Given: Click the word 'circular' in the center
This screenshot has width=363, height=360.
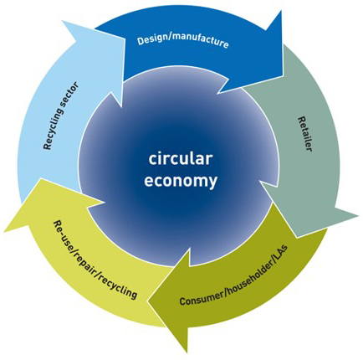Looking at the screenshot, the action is [x=181, y=158].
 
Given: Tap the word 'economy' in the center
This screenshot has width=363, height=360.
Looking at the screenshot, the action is [x=181, y=181].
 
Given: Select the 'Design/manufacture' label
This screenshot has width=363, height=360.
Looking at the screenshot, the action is [x=183, y=41].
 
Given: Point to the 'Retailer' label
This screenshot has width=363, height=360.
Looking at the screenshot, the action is [x=304, y=134].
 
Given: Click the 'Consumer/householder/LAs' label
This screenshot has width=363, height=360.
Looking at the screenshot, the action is [x=233, y=275].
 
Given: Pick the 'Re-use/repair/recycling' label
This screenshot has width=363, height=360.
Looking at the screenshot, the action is [x=95, y=260].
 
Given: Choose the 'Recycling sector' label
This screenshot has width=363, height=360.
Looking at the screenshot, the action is [x=61, y=116].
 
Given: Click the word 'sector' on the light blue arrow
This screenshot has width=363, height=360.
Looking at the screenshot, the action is [x=69, y=95].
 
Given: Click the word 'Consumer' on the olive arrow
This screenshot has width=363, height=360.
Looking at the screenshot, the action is [x=202, y=298].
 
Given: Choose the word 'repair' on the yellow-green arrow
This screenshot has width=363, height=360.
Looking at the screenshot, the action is [x=87, y=261].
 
